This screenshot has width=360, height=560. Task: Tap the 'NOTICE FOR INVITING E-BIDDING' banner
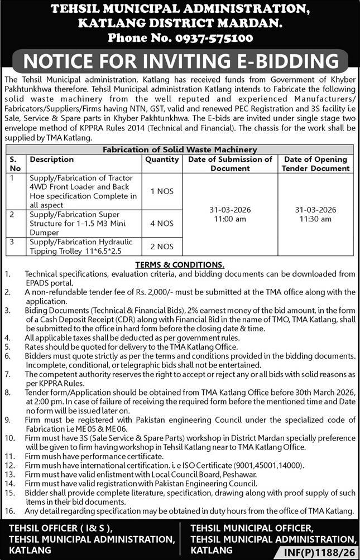180,61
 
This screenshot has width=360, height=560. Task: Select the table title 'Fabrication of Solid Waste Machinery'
180,149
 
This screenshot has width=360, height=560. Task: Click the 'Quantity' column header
162,160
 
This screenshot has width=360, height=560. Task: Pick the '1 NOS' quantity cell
162,191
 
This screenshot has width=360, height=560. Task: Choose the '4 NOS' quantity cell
162,223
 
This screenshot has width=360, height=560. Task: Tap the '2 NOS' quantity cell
162,246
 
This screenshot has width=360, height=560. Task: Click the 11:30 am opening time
315,219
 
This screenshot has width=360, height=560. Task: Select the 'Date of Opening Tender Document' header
315,163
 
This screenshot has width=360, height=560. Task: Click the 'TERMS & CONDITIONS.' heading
180,264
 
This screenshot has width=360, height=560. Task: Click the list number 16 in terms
8,510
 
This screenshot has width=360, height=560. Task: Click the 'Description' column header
52,160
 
